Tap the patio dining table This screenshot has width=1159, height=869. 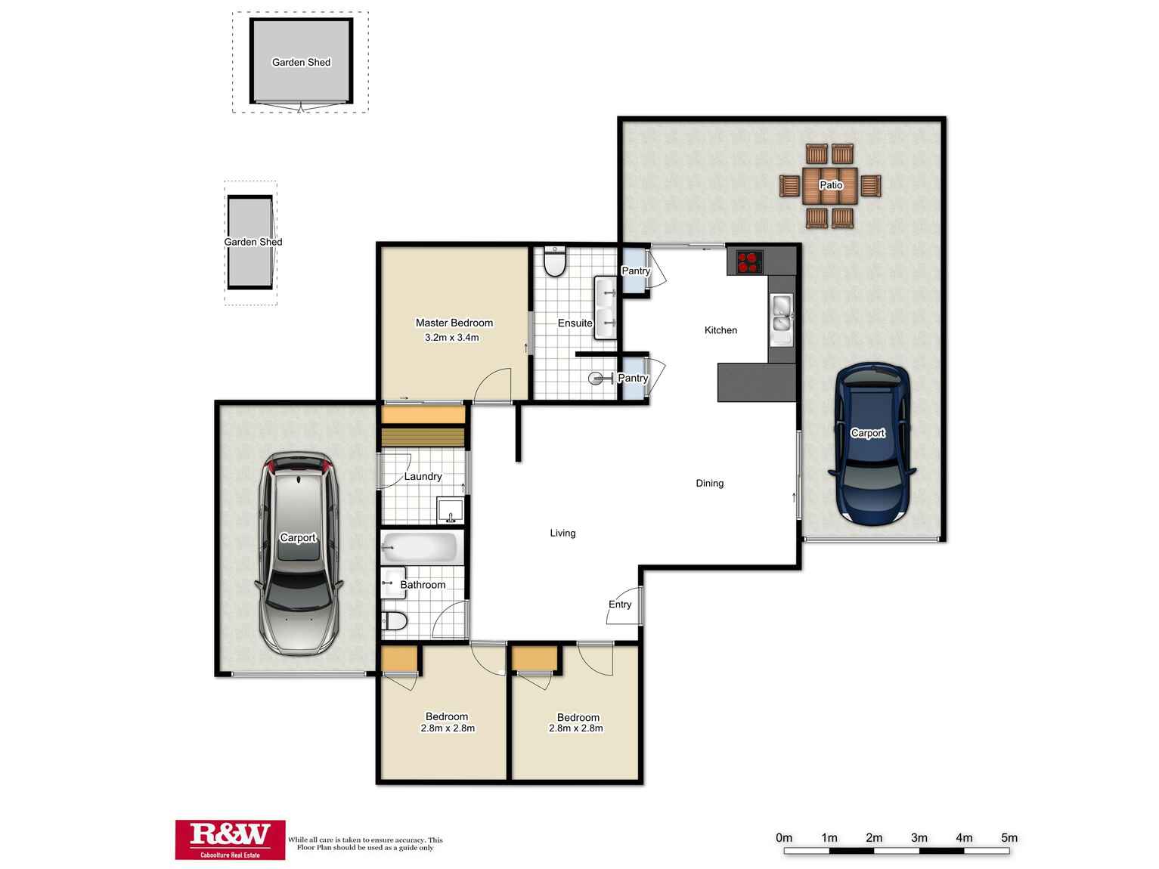point(830,185)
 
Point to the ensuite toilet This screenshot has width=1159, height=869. point(556,261)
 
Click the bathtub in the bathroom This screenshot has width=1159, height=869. point(420,547)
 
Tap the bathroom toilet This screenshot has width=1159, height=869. point(395,622)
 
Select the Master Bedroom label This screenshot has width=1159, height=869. point(454,323)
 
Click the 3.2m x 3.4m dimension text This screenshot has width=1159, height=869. point(452,338)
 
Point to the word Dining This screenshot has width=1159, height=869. point(709,483)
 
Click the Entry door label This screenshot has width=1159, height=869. point(619,604)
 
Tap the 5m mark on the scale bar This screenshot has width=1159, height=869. point(1009,837)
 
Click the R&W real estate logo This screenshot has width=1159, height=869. point(231,839)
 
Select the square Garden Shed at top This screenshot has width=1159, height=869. point(301,62)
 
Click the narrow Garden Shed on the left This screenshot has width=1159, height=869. point(250,242)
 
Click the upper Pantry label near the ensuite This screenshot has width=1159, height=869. point(635,271)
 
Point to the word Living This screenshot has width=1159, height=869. point(562,533)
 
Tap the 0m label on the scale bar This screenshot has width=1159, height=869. point(784,837)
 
